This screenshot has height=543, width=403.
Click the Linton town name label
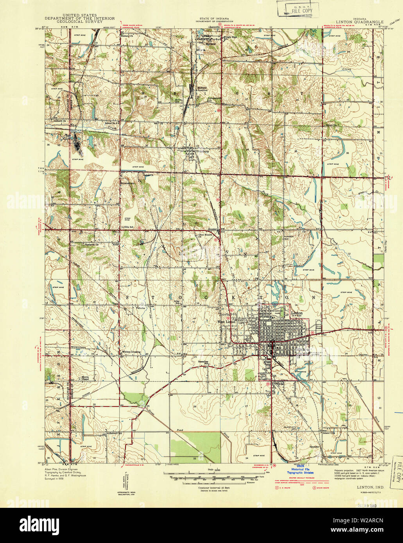tap(297, 313)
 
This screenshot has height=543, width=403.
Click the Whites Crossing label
tap(131, 352)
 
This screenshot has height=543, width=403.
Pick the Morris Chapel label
tap(85, 379)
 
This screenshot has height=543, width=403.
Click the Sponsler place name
tap(315, 446)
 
